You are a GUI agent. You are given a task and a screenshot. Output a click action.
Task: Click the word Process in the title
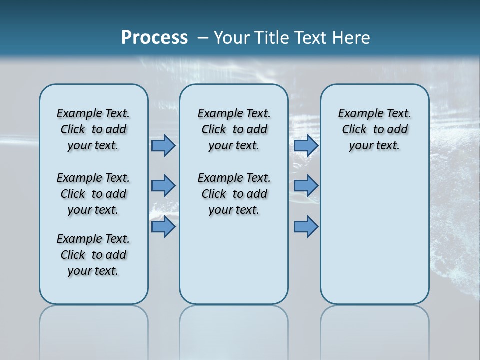pos(154,37)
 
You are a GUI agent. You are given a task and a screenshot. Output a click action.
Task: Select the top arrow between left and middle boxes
pos(163,146)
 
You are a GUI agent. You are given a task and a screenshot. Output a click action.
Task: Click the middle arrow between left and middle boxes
pos(163,186)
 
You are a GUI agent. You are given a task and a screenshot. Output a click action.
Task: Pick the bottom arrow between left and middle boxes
pos(163,227)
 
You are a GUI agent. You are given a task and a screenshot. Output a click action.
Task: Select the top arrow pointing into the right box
pos(306,146)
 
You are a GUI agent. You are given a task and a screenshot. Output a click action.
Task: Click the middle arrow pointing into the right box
pos(306,186)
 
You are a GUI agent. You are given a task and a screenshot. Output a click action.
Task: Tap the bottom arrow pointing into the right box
pos(306,227)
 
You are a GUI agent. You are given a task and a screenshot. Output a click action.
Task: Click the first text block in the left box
pos(93,129)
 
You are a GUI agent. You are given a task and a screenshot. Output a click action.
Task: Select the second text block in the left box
pos(93,194)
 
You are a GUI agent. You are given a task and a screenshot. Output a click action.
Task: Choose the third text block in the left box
pos(93,255)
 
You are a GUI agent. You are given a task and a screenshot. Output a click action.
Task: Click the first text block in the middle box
pos(234,129)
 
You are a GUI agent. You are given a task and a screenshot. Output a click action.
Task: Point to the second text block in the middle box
pos(234,194)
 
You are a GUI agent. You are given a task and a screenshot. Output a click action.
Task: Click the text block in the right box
pos(374,129)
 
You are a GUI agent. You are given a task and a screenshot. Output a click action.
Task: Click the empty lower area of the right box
pos(374,240)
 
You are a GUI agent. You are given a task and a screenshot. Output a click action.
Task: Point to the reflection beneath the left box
pos(93,330)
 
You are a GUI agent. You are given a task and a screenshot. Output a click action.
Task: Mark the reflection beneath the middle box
pos(234,330)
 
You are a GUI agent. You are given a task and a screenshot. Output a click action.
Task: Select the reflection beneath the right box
pos(374,330)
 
